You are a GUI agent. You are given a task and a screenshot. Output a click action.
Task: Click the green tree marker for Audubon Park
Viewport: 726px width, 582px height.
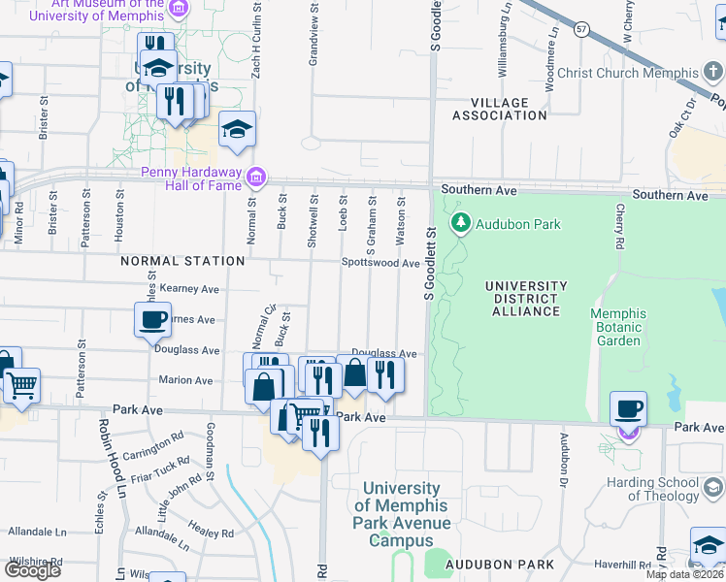[x=461, y=224]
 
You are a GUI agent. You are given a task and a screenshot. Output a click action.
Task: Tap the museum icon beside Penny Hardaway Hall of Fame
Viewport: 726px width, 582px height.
[x=256, y=177]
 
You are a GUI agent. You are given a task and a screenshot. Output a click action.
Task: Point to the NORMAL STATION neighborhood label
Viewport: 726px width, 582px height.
[x=182, y=262]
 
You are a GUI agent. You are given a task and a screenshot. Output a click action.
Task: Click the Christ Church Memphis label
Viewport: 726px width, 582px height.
[x=628, y=74]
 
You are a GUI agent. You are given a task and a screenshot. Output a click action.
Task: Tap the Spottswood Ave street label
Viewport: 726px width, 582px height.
[x=380, y=263]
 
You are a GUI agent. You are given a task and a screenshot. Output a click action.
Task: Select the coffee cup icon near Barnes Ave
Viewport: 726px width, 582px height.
[x=153, y=319]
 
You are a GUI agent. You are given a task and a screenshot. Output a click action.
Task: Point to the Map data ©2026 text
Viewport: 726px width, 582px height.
[x=684, y=574]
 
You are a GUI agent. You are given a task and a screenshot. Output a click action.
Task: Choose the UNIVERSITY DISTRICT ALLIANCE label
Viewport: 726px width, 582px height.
[x=524, y=299]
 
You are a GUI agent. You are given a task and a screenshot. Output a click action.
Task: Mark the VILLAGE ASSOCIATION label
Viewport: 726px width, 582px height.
[x=500, y=109]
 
